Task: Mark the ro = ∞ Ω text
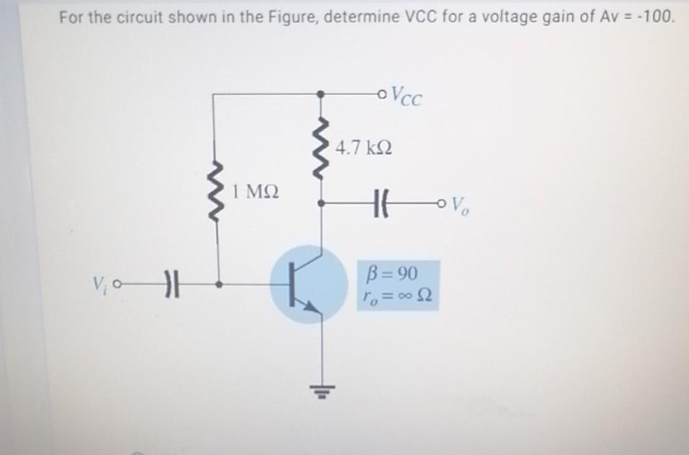(x=397, y=296)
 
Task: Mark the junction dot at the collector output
(x=322, y=203)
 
